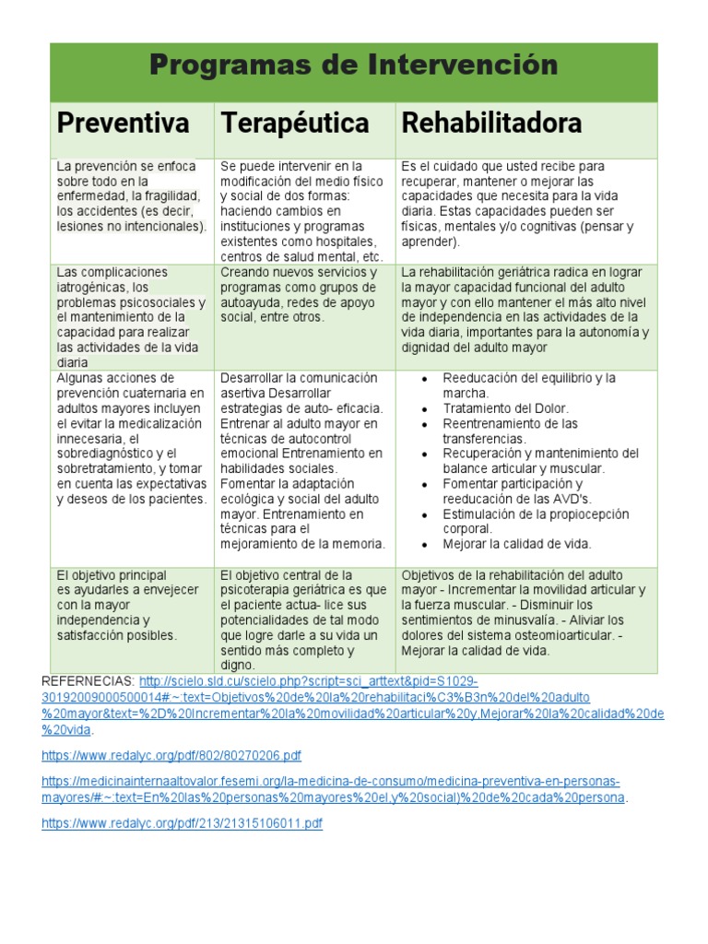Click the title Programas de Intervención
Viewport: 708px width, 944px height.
pos(353,65)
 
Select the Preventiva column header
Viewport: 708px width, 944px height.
pos(123,123)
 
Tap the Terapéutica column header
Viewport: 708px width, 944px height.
pos(292,123)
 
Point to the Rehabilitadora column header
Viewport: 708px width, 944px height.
pos(490,123)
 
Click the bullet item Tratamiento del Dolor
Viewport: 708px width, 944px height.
pos(505,408)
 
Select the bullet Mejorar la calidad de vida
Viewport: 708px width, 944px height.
pos(516,544)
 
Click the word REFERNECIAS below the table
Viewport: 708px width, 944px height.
pos(88,680)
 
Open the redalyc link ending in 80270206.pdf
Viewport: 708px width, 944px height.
pos(171,756)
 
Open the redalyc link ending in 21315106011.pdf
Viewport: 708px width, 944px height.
pos(182,824)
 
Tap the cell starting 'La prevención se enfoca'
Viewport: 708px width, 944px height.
pos(131,196)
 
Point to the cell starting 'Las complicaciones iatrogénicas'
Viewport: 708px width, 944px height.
pos(131,317)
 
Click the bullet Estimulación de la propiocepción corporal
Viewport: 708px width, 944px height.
pos(535,521)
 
